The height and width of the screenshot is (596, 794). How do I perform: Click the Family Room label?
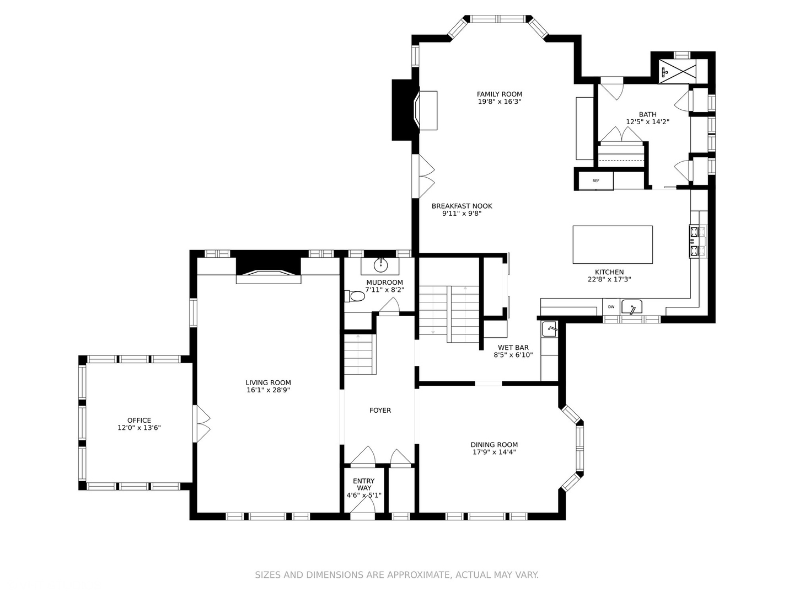point(499,94)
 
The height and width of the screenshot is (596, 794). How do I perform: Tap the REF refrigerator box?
point(595,180)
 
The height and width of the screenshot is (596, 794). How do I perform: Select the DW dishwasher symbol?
point(611,307)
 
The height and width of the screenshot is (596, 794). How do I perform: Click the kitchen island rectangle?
point(613,244)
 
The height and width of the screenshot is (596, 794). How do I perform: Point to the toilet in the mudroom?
point(356,297)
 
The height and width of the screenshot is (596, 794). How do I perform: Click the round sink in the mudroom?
point(381,265)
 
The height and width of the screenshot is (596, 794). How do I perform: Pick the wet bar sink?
point(550,329)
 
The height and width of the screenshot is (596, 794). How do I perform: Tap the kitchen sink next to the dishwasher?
point(632,307)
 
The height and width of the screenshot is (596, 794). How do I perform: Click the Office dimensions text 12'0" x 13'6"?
point(139,428)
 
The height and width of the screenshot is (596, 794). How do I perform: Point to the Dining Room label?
point(494,445)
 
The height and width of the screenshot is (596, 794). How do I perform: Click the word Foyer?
point(380,411)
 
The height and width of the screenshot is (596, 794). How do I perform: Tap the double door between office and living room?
point(201,424)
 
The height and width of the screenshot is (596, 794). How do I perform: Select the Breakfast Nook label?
point(462,206)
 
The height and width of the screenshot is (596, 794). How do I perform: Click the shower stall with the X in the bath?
point(678,71)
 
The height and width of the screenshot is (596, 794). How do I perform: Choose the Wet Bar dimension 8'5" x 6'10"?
point(513,355)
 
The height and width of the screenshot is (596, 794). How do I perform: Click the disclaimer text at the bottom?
point(396,575)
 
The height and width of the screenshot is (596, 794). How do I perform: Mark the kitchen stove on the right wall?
point(694,241)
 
